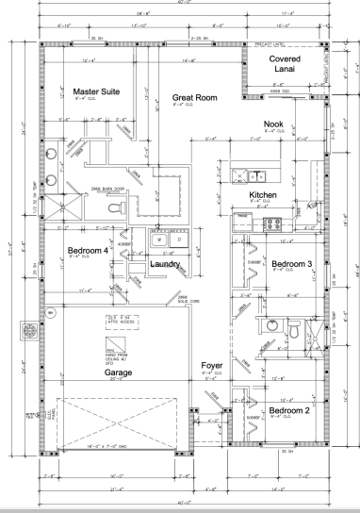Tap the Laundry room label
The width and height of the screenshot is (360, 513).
click(x=166, y=264)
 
